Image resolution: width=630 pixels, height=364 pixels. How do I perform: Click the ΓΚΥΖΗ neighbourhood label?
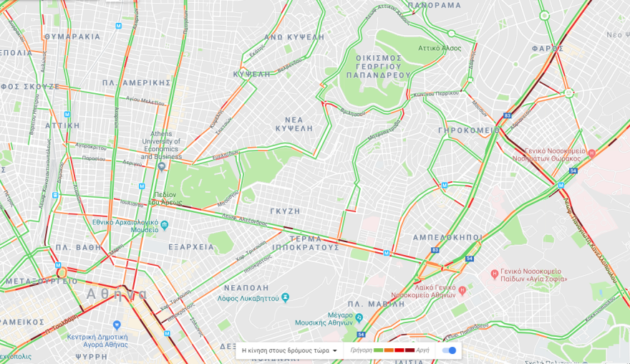tap(286, 211)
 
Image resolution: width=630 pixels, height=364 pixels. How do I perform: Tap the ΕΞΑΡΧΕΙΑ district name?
tap(191, 246)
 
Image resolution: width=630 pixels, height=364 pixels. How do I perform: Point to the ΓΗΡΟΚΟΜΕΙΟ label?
tap(469, 130)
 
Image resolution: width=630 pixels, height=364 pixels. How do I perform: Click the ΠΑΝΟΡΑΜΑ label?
tap(435, 5)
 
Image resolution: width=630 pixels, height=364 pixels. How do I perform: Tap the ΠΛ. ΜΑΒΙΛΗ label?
tap(417, 282)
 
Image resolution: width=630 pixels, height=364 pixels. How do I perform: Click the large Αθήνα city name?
tap(117, 294)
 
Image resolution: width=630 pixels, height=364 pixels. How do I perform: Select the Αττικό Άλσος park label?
tap(440, 48)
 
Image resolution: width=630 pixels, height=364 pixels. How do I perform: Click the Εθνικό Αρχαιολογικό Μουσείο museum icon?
tap(165, 225)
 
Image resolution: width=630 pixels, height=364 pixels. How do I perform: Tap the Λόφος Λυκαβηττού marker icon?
tap(286, 297)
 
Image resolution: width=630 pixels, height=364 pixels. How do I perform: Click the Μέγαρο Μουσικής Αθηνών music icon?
tap(360, 317)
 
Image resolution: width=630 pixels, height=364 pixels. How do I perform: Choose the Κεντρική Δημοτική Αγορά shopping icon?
tap(117, 325)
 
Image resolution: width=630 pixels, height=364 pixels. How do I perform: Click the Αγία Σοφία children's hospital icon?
tap(493, 274)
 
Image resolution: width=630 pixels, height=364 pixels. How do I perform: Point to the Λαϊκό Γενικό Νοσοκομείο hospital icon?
tap(462, 290)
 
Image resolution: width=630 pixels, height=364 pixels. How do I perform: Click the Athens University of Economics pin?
tap(162, 166)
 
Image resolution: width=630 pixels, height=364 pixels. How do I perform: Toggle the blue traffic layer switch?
tap(450, 350)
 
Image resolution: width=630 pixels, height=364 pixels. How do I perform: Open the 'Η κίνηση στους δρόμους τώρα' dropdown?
tap(290, 350)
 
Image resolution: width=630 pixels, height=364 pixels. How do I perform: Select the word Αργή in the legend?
tap(423, 350)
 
